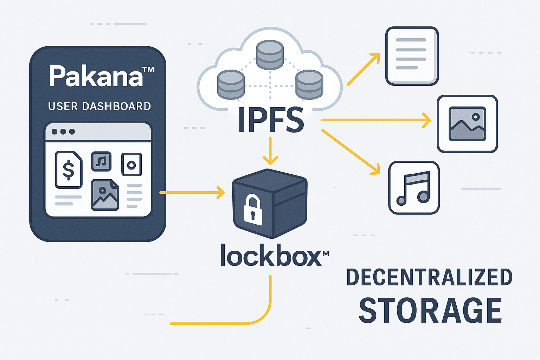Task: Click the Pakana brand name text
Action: click(x=97, y=76)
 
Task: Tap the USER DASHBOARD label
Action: click(x=99, y=106)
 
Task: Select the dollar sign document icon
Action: click(x=69, y=170)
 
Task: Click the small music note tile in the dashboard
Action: click(x=101, y=161)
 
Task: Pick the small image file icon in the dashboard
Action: click(x=105, y=195)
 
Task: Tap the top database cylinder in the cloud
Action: click(x=270, y=54)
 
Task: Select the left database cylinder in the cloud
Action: click(x=231, y=84)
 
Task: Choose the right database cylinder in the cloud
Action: click(x=309, y=84)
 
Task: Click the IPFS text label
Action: click(x=271, y=120)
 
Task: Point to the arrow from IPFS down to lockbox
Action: click(x=270, y=151)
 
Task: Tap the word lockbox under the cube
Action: click(x=271, y=255)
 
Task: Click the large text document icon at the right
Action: click(x=412, y=56)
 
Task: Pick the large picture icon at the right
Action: click(x=467, y=124)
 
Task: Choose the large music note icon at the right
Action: click(x=414, y=188)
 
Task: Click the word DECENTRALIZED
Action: click(x=429, y=277)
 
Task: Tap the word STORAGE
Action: click(x=430, y=310)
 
